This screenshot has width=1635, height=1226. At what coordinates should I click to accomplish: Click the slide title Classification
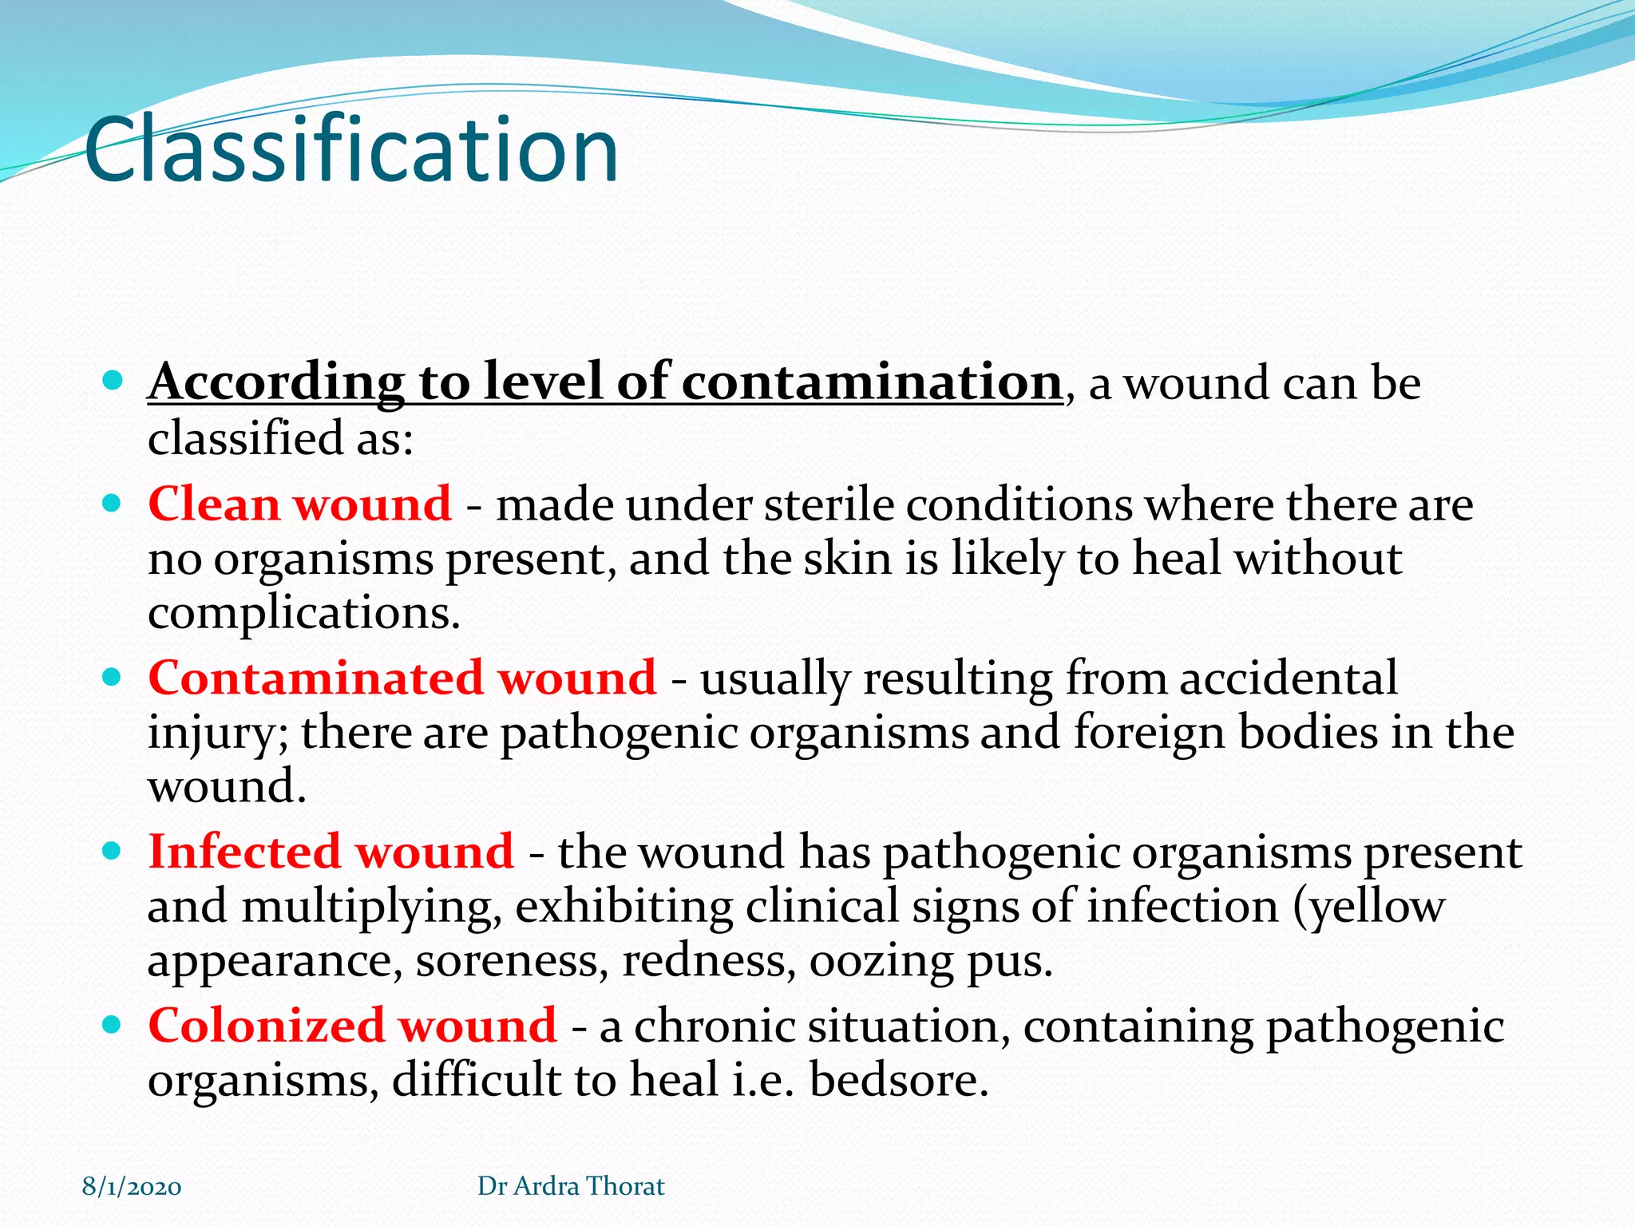click(351, 150)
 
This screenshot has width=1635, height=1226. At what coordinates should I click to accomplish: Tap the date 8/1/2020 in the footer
click(132, 1187)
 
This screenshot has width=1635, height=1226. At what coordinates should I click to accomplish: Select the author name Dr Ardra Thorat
click(571, 1186)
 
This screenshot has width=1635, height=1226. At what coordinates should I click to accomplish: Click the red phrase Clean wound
click(299, 504)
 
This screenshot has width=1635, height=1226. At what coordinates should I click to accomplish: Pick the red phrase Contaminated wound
click(402, 678)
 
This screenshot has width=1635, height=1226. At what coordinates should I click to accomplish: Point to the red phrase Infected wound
click(331, 852)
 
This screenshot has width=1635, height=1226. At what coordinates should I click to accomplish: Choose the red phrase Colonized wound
click(352, 1026)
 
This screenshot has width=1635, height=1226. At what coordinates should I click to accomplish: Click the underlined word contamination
click(871, 382)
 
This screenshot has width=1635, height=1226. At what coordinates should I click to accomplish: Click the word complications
click(303, 613)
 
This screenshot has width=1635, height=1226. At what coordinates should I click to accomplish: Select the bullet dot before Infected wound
click(113, 851)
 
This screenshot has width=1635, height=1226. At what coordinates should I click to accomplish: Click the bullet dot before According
click(113, 381)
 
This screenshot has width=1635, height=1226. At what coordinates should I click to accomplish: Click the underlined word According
click(276, 382)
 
